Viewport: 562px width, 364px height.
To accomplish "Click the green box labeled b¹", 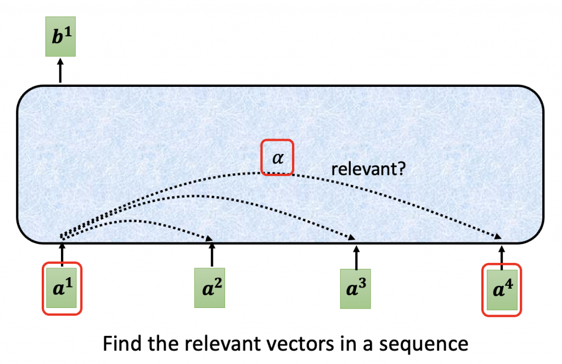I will click(x=60, y=40).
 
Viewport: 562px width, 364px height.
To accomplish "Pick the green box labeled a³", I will click(x=356, y=288).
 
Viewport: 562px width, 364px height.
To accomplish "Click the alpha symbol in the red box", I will click(x=278, y=158).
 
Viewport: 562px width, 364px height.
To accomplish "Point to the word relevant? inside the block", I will click(x=368, y=169).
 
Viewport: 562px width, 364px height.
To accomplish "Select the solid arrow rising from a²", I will click(x=211, y=254).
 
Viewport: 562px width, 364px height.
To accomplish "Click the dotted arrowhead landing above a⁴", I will click(x=499, y=236).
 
